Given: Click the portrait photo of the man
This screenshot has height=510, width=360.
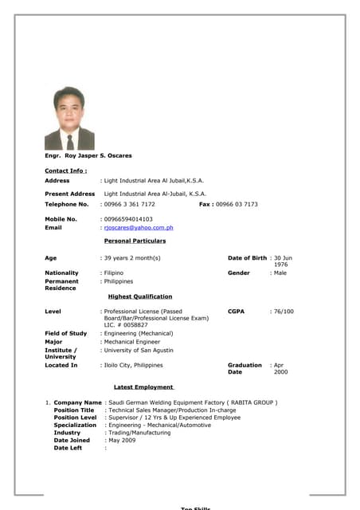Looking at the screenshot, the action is point(69,119).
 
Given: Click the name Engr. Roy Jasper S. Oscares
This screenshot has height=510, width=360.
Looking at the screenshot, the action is point(88,155).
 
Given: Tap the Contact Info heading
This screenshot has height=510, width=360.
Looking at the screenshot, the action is point(65,171).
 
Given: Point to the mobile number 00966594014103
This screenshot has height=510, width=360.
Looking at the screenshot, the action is point(128,218).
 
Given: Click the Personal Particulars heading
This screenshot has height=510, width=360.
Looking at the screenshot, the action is point(135,241).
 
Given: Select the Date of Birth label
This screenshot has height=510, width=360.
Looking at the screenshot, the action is point(247,258).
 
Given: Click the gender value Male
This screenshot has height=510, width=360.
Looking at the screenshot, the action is point(280,273).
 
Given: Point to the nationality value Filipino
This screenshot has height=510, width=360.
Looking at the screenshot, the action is point(114,273).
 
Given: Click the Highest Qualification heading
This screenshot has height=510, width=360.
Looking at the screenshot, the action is point(139,296).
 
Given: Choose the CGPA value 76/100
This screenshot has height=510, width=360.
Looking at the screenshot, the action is point(284,312).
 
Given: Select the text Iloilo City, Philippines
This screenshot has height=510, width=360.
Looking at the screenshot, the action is point(133,365).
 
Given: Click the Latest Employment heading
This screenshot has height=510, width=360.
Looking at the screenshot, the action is point(143,387).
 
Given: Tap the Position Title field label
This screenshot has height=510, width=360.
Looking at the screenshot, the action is point(74,410).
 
